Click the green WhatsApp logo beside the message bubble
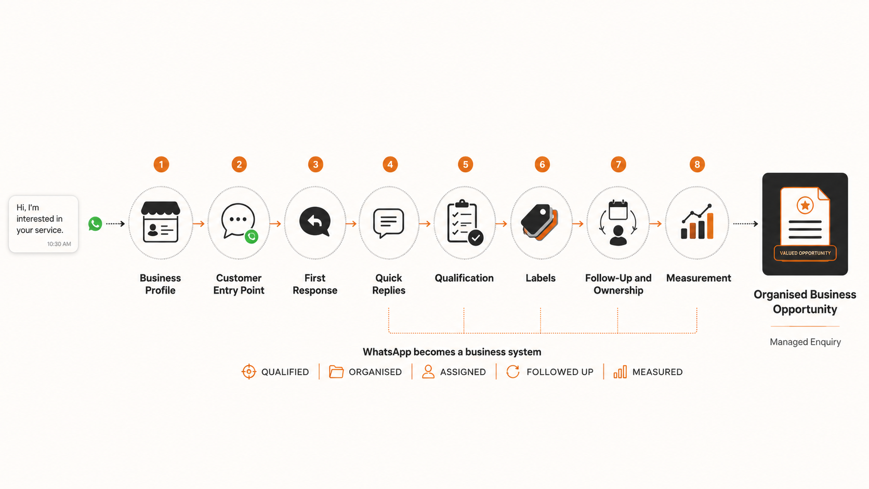coord(95,224)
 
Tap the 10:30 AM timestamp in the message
coord(59,244)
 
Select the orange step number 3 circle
coord(315,164)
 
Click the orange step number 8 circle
coord(697,164)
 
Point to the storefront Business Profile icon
coord(160,222)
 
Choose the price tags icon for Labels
coord(539,222)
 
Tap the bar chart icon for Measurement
coord(697,221)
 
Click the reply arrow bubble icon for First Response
coord(314,221)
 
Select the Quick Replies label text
coord(389,284)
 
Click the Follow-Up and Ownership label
coord(618,284)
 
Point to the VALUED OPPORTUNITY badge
coord(805,253)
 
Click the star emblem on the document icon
coord(805,205)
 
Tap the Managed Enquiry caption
coord(806,342)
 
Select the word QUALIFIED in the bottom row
coord(285,372)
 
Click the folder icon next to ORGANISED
coord(336,372)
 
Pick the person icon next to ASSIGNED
coord(428,372)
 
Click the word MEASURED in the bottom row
coord(657,372)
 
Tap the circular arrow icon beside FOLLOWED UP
coord(513,372)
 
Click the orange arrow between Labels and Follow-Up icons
coord(578,224)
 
